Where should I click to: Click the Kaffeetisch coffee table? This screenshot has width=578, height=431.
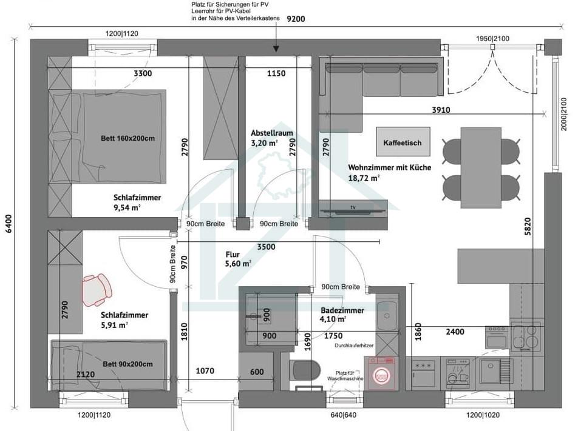pyautogui.click(x=403, y=143)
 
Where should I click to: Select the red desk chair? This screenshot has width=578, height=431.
pyautogui.click(x=97, y=289)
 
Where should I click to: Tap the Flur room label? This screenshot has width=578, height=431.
pyautogui.click(x=235, y=255)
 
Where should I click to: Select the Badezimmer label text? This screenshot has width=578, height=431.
pyautogui.click(x=342, y=310)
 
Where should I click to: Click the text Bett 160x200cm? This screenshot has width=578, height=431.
pyautogui.click(x=127, y=138)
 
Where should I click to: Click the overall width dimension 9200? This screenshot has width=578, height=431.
pyautogui.click(x=296, y=19)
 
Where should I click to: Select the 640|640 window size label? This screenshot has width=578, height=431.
pyautogui.click(x=342, y=416)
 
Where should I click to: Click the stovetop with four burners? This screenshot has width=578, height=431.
pyautogui.click(x=525, y=336)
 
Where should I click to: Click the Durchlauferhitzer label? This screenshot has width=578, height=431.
pyautogui.click(x=355, y=346)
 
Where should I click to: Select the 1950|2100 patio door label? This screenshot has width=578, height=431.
pyautogui.click(x=493, y=38)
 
